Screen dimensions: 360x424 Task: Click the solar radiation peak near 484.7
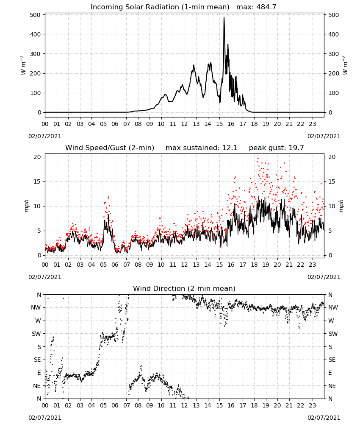224,18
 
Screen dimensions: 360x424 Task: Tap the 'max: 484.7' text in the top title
256,7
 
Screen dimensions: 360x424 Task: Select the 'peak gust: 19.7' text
276,148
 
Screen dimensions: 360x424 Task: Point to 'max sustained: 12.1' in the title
202,148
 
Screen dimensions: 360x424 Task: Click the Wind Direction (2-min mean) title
184,288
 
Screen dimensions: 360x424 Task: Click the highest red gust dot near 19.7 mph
258,159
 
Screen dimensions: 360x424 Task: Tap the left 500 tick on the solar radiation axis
35,15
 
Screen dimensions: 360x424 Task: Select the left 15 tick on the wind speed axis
37,181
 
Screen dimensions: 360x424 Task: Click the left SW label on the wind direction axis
36,334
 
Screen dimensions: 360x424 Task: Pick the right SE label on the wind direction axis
332,360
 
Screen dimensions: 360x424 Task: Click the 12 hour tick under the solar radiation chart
184,124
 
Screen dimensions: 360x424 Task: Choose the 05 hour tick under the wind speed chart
103,265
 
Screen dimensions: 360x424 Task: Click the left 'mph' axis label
26,206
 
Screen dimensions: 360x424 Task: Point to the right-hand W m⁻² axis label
345,65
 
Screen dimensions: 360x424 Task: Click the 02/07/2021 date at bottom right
324,418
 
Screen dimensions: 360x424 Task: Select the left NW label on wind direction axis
36,307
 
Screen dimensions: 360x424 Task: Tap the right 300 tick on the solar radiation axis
334,54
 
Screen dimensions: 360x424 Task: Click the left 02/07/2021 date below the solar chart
45,136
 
